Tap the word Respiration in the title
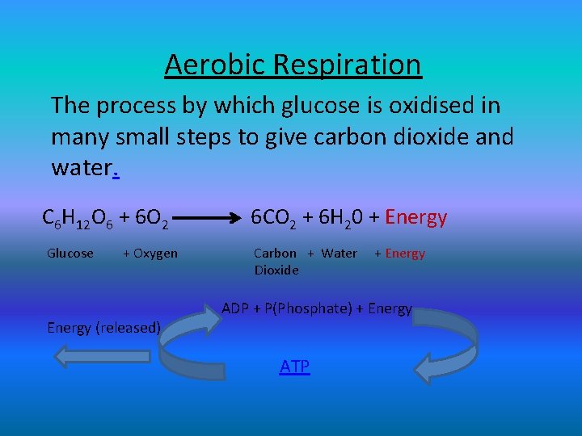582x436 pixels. (x=345, y=64)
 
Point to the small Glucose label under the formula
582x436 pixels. (x=70, y=254)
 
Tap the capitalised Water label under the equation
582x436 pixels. (x=339, y=254)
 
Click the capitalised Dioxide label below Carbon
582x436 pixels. (x=276, y=270)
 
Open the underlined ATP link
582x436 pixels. (x=294, y=367)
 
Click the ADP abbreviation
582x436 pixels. (x=235, y=308)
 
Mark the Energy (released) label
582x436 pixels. (x=103, y=327)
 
